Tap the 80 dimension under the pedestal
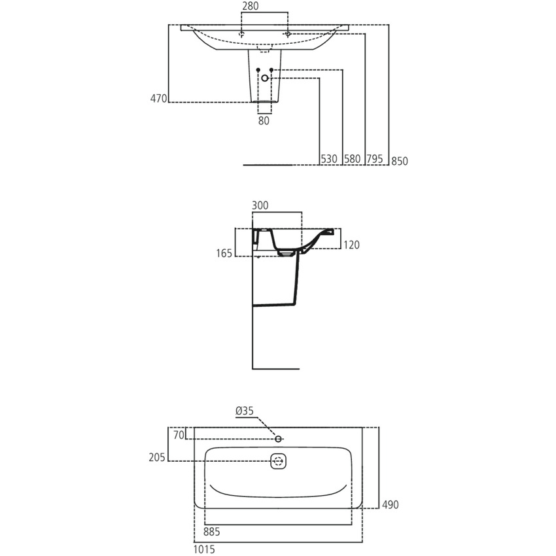[264, 120]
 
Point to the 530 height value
[329, 159]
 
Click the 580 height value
[353, 159]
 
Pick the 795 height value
[375, 159]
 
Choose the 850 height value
[400, 161]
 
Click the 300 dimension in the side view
[260, 205]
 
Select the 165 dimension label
[224, 253]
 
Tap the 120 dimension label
[351, 245]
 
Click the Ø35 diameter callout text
[244, 411]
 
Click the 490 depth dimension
[391, 504]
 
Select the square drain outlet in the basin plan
[279, 460]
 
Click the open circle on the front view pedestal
[265, 78]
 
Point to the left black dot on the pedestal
[258, 69]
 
